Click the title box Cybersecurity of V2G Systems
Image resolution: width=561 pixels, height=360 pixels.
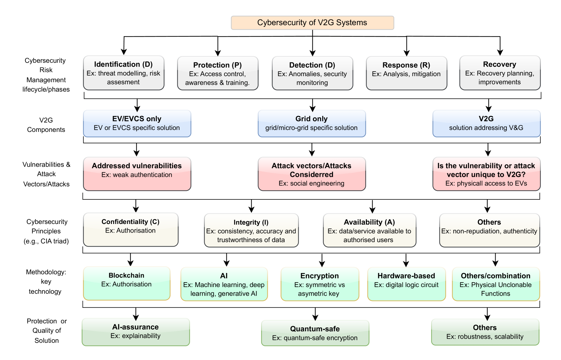312,23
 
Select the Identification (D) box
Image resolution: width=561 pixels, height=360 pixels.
124,73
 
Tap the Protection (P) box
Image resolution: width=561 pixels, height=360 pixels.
218,73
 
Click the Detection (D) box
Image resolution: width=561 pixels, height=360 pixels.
312,73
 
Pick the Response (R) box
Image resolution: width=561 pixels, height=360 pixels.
406,73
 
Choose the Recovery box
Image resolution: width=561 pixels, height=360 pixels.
500,73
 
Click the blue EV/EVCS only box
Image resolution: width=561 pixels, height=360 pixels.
137,124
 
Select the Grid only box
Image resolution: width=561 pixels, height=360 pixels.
312,124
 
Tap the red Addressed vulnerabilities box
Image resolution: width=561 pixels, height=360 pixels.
137,174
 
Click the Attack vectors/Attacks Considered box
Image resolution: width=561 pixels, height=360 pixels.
312,174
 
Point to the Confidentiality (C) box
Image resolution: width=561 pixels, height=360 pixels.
131,230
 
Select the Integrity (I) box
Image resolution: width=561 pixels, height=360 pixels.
251,230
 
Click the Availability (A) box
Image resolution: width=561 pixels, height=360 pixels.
369,230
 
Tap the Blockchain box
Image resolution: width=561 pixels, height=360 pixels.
127,284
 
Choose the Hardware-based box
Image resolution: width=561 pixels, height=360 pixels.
406,284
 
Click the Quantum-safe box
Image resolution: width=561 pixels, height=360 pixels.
315,333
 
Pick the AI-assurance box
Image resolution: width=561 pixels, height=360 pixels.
136,332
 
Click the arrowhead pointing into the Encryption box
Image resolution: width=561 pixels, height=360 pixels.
322,264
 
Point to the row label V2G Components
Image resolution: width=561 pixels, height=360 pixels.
46,125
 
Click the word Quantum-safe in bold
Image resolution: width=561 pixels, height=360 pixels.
315,329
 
